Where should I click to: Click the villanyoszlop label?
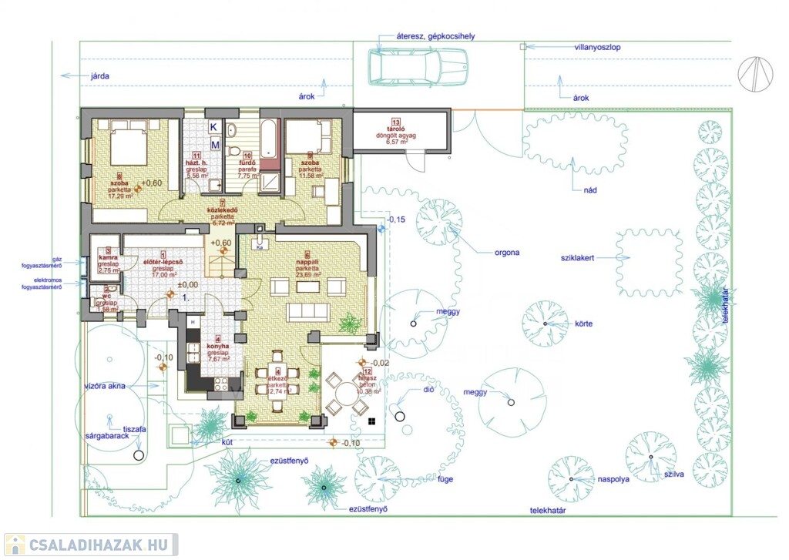[x=598, y=47]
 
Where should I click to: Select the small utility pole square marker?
[x=523, y=47]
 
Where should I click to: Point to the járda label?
[x=100, y=76]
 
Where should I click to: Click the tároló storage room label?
[x=397, y=132]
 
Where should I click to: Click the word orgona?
[x=508, y=252]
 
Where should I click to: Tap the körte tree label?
[x=583, y=324]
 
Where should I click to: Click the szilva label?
[x=674, y=475]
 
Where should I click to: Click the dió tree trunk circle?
[x=398, y=417]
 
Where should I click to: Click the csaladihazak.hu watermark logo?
[x=91, y=545]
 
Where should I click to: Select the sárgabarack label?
[x=106, y=436]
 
